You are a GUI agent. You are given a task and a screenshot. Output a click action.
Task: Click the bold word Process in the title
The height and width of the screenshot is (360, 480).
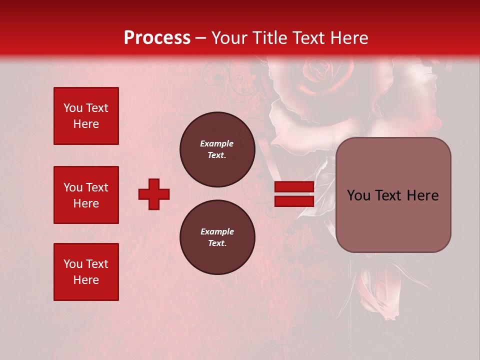pos(157,38)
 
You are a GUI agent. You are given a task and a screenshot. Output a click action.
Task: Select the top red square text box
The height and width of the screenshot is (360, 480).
pos(86,116)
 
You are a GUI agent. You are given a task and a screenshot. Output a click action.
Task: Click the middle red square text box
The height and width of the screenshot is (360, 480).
pos(86,195)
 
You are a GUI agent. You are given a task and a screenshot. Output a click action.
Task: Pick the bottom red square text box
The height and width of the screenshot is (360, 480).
pos(86,272)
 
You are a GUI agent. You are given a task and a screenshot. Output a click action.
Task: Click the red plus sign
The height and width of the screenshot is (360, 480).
pos(154,194)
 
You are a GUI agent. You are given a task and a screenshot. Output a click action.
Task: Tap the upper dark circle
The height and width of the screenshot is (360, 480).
pos(217,149)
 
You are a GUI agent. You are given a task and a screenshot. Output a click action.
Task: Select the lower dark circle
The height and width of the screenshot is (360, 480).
pos(217,237)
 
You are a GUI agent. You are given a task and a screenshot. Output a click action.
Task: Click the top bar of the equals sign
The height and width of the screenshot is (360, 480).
pos(294,187)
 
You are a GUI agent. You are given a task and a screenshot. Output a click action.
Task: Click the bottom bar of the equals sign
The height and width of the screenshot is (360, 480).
pos(294,201)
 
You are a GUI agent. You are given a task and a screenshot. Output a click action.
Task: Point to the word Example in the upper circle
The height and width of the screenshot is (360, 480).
pos(217,143)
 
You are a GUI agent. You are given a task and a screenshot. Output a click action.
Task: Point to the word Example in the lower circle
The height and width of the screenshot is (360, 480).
pos(217,231)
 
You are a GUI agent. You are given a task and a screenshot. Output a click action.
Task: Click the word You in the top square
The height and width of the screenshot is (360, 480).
pos(73,108)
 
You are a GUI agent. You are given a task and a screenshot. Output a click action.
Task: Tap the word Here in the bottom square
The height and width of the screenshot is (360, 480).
pos(86,280)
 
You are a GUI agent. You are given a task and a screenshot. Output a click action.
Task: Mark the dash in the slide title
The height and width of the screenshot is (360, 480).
pos(201,38)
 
